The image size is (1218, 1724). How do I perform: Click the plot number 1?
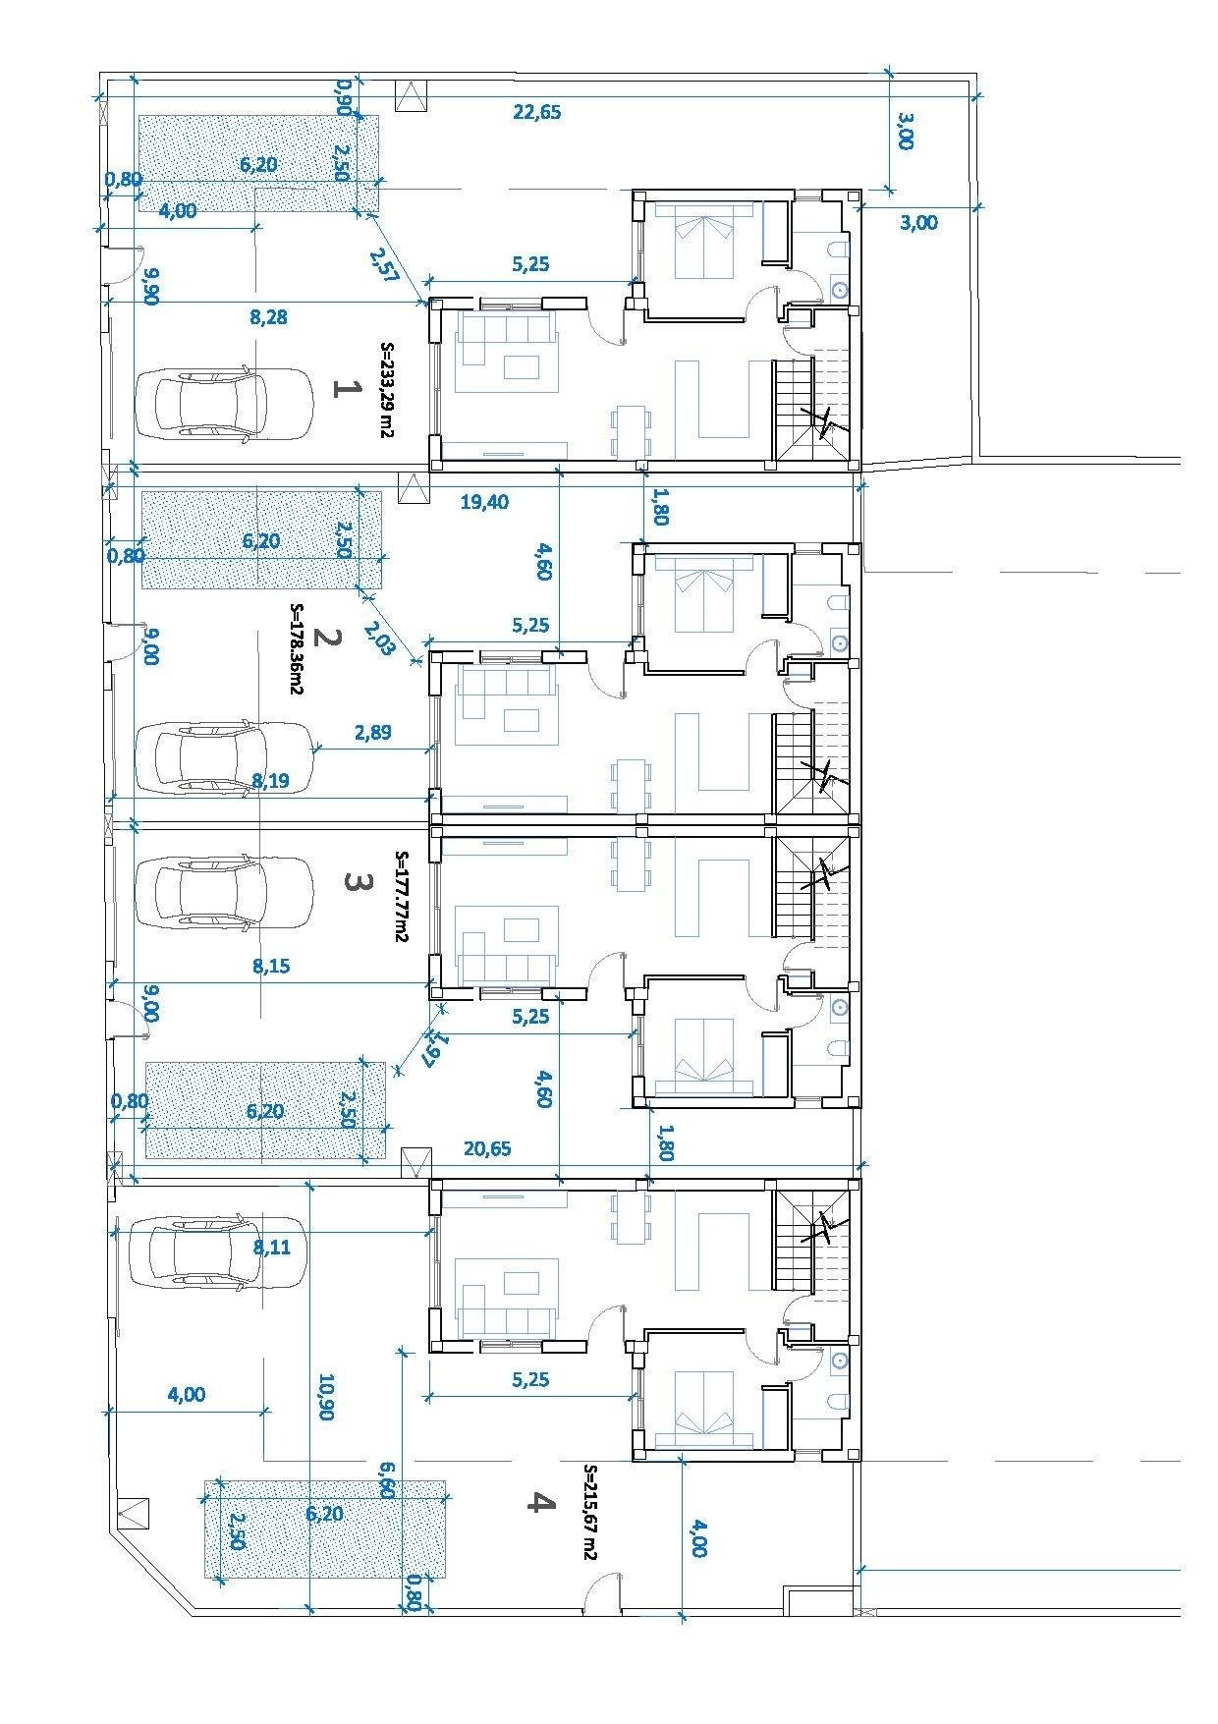tap(345, 389)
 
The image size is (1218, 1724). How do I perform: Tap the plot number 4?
tap(537, 1502)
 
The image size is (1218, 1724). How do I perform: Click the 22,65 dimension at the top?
tap(537, 112)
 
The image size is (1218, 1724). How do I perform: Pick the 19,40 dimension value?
tap(484, 502)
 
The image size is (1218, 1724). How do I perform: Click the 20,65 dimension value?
tap(487, 1147)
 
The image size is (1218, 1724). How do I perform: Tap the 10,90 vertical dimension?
tap(327, 1396)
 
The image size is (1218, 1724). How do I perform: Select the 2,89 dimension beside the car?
tap(372, 732)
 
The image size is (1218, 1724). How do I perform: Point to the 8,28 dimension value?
tap(269, 317)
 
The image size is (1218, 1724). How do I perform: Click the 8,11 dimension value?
tap(271, 1248)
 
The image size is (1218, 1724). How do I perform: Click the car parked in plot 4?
tap(206, 1252)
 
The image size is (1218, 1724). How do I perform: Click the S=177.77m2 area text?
tap(401, 897)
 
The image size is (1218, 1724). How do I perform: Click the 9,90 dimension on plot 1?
tap(151, 288)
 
